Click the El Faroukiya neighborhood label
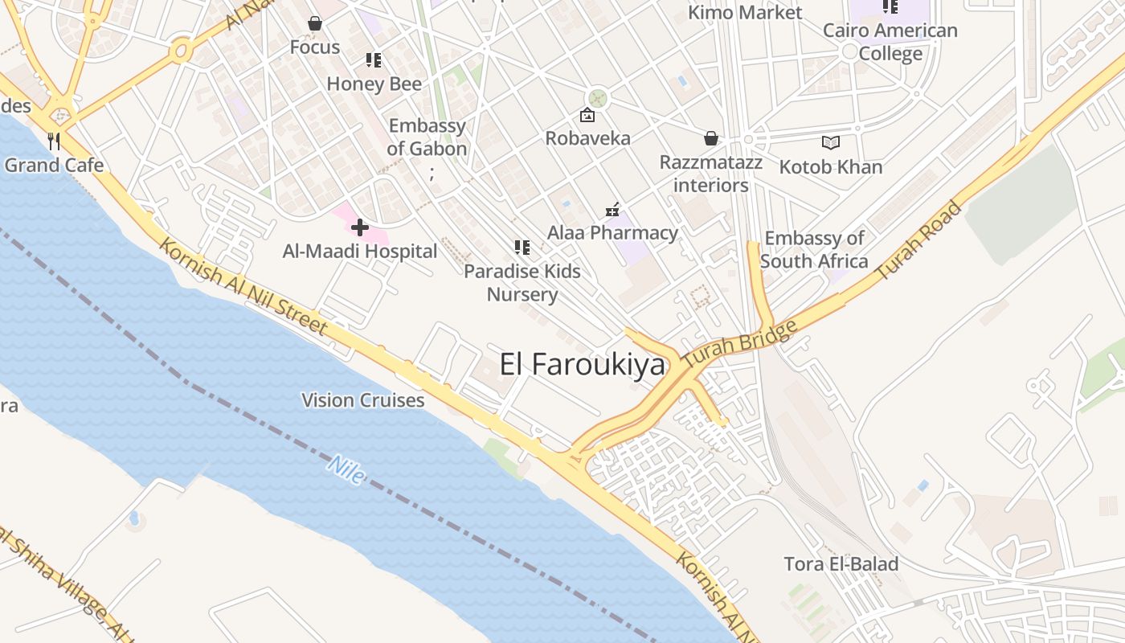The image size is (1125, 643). coord(583,365)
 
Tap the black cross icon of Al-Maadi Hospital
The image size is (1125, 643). coord(360,227)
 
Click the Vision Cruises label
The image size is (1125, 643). coord(363,400)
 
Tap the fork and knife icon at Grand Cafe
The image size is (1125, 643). coord(54,141)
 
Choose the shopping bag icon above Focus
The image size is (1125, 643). coord(315,24)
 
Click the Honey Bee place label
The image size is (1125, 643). coord(374,84)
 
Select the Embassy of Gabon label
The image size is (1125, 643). coord(427,137)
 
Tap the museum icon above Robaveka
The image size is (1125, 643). coord(587,116)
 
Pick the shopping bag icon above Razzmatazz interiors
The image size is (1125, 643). coord(711,138)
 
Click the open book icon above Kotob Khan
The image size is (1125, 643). coord(831,143)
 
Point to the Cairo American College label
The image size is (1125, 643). coord(890,42)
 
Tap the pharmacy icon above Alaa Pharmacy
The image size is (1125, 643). coord(613,210)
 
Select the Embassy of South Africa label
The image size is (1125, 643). coord(814,250)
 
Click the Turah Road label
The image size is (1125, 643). coord(917,240)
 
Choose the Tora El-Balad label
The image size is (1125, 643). coord(841,564)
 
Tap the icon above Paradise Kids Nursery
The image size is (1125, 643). coord(522,248)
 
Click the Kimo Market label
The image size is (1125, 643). coord(746,13)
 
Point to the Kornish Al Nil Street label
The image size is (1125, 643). coord(243,286)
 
